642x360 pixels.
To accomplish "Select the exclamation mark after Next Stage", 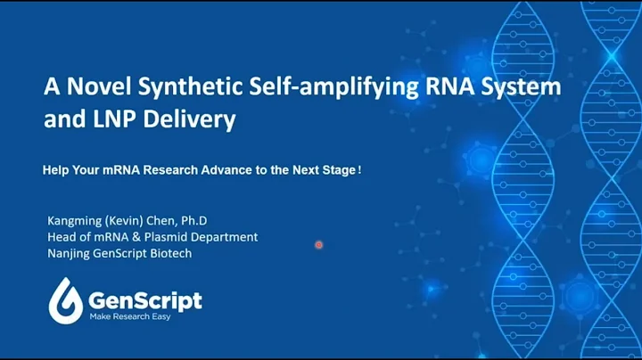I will point(359,168).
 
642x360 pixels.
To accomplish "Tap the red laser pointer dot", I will point(318,244).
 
